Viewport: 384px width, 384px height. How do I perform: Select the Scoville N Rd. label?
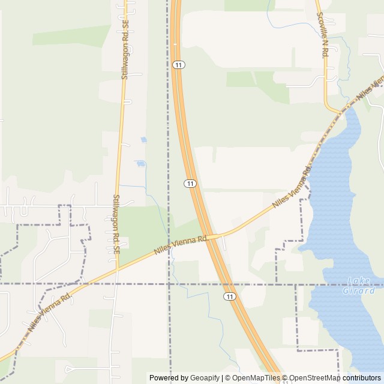pyautogui.click(x=322, y=35)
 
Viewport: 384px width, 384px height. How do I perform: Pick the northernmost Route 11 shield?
pyautogui.click(x=178, y=64)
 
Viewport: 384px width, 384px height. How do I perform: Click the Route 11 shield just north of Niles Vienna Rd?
pyautogui.click(x=190, y=183)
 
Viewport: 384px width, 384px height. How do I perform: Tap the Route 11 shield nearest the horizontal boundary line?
pyautogui.click(x=230, y=296)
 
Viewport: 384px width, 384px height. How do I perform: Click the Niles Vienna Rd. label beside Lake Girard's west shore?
pyautogui.click(x=292, y=187)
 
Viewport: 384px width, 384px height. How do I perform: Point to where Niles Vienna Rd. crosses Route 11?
pyautogui.click(x=210, y=236)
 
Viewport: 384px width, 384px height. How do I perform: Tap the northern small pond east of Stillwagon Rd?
pyautogui.click(x=143, y=140)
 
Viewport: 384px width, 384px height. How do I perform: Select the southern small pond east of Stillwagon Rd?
pyautogui.click(x=140, y=163)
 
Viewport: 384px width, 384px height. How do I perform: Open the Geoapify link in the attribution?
pyautogui.click(x=205, y=378)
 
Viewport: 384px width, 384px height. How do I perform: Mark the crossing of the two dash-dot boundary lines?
pyautogui.click(x=169, y=283)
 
